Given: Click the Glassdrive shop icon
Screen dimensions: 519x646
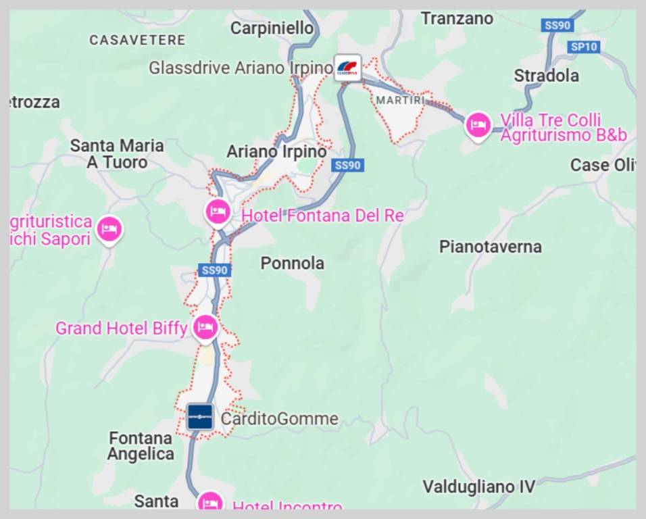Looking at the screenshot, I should (347, 67).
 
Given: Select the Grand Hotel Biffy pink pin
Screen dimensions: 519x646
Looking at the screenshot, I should (205, 328).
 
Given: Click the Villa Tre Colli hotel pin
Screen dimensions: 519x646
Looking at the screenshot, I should (478, 125).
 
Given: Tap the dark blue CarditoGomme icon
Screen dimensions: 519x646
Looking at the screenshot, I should (200, 417).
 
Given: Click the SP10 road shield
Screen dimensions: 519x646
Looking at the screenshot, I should (584, 47).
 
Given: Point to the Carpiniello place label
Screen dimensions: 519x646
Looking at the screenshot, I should (272, 28).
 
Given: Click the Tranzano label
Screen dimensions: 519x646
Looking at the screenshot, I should (457, 18).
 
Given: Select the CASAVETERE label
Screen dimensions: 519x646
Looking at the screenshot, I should (137, 40).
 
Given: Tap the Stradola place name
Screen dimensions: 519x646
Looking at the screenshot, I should (546, 75).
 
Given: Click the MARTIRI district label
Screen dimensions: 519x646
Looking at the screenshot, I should (401, 100).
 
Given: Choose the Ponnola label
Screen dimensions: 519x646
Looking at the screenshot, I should (293, 263).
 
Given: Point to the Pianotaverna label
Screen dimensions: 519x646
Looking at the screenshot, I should (491, 247).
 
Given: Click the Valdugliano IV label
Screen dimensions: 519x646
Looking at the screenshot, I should (478, 486).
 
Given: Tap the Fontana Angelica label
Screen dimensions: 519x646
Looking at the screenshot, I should (141, 446).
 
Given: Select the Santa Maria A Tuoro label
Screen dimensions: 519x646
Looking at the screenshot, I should (117, 154).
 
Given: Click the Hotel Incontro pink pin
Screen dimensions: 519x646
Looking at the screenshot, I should (211, 502).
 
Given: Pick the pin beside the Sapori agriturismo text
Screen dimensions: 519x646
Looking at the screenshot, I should (109, 229).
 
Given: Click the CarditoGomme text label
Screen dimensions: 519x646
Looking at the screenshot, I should (280, 419).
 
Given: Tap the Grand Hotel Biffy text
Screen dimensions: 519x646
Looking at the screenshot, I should (121, 328).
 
